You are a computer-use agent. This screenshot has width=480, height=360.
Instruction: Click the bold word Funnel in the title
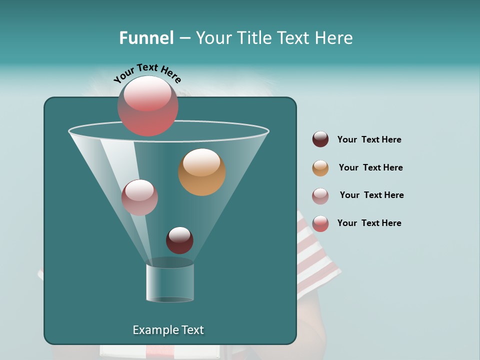click(x=146, y=38)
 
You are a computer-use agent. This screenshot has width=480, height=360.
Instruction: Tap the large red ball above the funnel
click(x=148, y=106)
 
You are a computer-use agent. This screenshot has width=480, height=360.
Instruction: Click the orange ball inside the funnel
click(x=201, y=172)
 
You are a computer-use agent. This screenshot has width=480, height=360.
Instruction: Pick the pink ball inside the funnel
click(x=139, y=197)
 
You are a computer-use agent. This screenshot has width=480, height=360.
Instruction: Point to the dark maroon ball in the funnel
click(x=179, y=240)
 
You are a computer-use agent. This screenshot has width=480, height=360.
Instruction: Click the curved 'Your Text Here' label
click(x=147, y=72)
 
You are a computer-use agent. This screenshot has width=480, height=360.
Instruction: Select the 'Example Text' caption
click(x=168, y=330)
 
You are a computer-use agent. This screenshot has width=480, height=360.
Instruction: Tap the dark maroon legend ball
click(x=320, y=139)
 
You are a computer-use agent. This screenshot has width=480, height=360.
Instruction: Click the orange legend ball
click(x=320, y=167)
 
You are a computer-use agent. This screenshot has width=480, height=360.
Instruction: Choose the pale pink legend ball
click(x=320, y=195)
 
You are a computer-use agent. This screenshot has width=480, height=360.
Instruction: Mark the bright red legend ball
click(x=320, y=223)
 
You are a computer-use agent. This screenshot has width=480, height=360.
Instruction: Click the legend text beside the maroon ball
click(x=369, y=139)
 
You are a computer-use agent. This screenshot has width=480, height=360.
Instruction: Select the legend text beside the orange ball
click(x=370, y=167)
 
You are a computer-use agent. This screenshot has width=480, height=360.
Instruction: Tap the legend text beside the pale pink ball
click(x=371, y=195)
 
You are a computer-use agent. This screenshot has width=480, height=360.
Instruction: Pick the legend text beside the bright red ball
click(x=369, y=223)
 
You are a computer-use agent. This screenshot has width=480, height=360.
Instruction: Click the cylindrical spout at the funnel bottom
click(x=170, y=282)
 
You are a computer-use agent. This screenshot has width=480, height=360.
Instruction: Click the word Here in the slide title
click(x=334, y=38)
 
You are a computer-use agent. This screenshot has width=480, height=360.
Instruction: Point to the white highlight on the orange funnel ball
click(x=201, y=162)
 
